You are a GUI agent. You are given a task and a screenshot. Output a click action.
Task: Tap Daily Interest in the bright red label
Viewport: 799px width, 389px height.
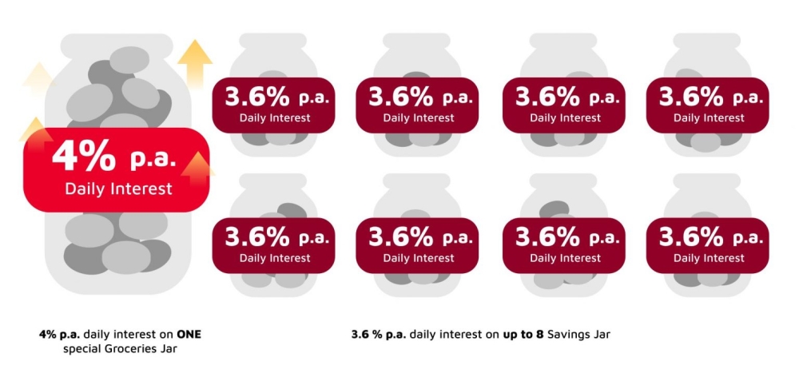118,189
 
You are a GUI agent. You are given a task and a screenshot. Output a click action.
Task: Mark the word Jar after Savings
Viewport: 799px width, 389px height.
601,334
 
